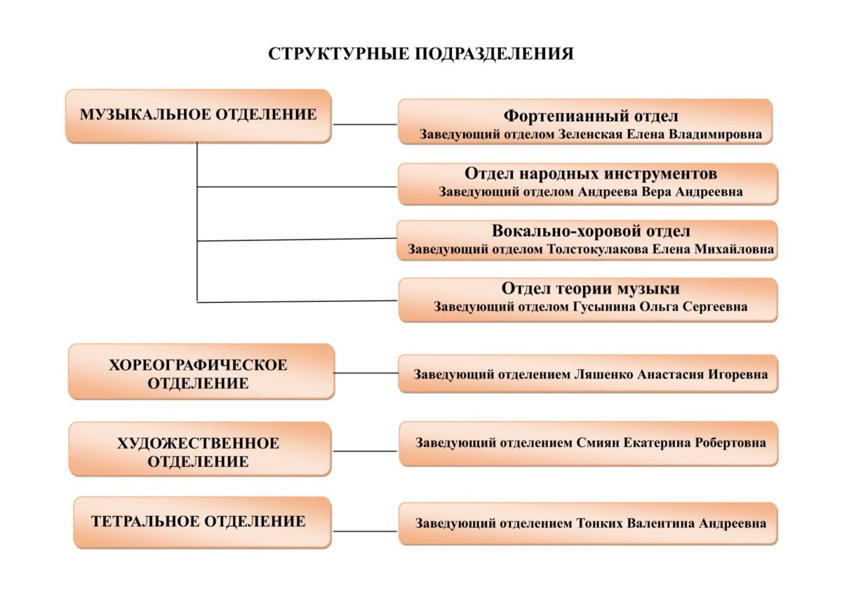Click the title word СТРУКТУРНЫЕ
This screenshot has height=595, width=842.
tap(338, 54)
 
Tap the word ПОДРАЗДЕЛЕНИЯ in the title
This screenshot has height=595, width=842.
tap(494, 54)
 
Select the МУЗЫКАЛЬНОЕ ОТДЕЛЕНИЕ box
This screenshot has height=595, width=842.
tap(199, 116)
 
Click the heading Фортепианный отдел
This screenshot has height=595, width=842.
tap(591, 116)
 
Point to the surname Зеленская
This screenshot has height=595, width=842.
tap(590, 135)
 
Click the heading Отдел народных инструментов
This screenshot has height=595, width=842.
tap(591, 173)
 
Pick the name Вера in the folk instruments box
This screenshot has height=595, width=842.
tap(656, 192)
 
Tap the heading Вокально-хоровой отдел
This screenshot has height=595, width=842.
tap(591, 231)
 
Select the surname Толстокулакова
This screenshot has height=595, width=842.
tap(598, 249)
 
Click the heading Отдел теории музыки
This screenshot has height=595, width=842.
tap(591, 289)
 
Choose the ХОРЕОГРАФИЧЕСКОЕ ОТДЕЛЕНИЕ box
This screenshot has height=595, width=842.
tap(201, 371)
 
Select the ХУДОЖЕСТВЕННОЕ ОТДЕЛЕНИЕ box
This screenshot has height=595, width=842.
tap(201, 449)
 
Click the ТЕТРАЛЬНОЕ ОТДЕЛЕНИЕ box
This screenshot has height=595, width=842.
tap(203, 523)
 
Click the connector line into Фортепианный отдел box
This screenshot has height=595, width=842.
tap(365, 124)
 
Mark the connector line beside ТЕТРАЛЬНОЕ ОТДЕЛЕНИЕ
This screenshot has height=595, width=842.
tap(365, 531)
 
